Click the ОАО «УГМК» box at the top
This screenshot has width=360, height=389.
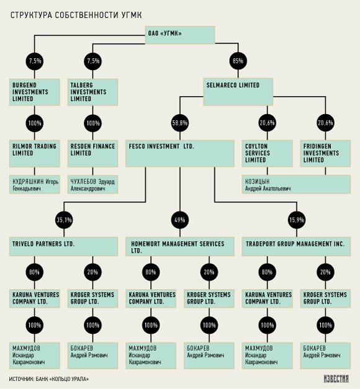[x=180, y=35]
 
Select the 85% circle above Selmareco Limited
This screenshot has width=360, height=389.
[x=238, y=61]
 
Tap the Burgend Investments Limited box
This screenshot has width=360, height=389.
[x=35, y=92]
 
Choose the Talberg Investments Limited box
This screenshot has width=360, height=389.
[x=92, y=92]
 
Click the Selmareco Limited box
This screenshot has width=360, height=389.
[x=238, y=92]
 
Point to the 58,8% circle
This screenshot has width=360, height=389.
[x=180, y=123]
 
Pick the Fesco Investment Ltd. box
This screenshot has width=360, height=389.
[x=180, y=153]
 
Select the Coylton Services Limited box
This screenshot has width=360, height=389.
[x=268, y=153]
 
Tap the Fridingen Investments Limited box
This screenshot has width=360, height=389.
[x=325, y=153]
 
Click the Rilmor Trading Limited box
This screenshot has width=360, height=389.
[x=35, y=153]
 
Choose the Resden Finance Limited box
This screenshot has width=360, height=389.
[x=92, y=153]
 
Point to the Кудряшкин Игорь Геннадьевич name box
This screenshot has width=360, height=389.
[x=35, y=184]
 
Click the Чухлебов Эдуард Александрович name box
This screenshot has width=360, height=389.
[x=92, y=184]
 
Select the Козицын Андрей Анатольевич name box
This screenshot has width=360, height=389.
[x=297, y=184]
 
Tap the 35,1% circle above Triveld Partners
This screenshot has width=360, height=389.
[x=64, y=220]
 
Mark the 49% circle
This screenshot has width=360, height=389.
[x=180, y=220]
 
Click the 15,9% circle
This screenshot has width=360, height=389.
[x=297, y=220]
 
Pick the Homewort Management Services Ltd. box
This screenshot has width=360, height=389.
[x=180, y=246]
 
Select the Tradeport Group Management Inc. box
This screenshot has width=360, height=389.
[x=297, y=246]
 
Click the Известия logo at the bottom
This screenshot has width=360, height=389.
[x=336, y=378]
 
